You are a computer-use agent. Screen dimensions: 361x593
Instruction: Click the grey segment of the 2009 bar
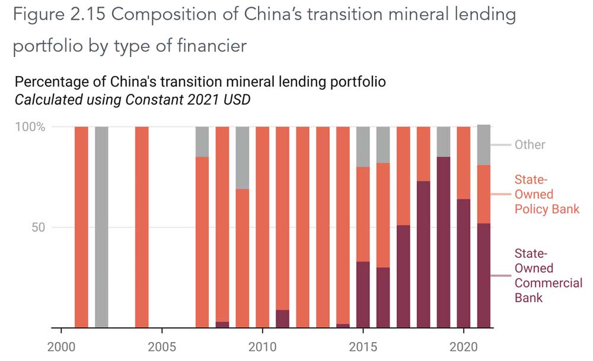pos(242,158)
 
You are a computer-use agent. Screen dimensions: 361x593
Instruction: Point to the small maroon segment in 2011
pos(283,319)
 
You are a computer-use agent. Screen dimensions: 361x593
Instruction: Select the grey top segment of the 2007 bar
pos(202,141)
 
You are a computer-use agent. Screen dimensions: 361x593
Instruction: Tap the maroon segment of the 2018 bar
pos(423,254)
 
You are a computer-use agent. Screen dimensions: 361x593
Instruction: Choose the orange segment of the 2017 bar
pos(403,176)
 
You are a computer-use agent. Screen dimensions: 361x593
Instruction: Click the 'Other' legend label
pos(530,145)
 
